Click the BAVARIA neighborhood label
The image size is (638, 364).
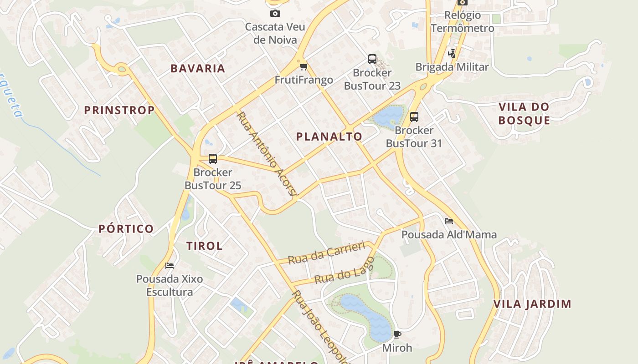pos(198,69)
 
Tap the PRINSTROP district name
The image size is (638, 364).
pos(119,110)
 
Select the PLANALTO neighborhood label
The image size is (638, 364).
pos(329,136)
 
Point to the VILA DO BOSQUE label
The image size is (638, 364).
pos(524,114)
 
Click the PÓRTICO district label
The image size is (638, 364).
pos(126,229)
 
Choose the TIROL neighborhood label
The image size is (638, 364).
pos(204,246)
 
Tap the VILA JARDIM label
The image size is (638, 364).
pos(532,304)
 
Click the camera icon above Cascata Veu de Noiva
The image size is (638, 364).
pos(275,14)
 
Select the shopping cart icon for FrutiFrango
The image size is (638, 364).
pos(304,67)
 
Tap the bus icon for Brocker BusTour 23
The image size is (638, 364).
pos(372,59)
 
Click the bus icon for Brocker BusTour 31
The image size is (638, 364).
pos(414,117)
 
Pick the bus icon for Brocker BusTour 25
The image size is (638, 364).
pos(213,159)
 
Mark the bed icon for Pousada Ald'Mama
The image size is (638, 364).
pos(449,222)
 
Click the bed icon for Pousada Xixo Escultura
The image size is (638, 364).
pos(170,266)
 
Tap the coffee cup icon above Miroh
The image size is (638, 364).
pos(397,335)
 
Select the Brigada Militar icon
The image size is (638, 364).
pos(452,54)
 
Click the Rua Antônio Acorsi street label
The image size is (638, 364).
pos(267,154)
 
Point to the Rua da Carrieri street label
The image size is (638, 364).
pos(327,253)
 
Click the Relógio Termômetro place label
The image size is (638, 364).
pos(462,21)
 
